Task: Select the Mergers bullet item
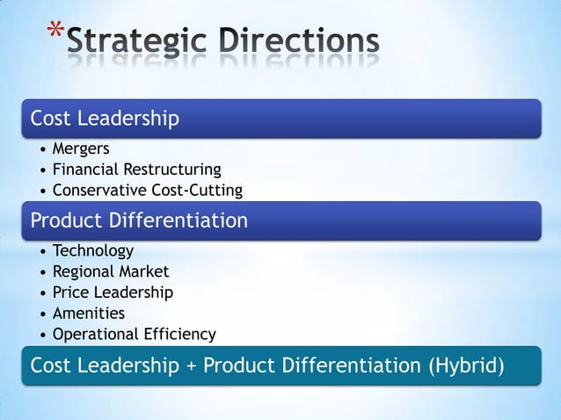pos(81,148)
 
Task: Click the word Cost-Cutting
pos(199,190)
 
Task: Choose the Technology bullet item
pos(93,251)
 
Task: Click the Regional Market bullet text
pos(111,272)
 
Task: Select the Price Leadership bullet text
pos(113,293)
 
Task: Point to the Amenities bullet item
pos(89,314)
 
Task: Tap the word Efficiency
pos(181,335)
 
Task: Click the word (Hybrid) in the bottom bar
pos(465,366)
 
